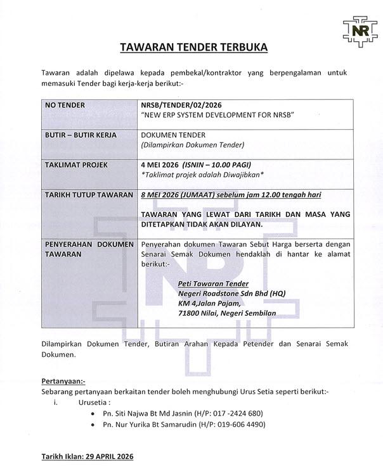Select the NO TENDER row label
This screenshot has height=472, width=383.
pos(66,104)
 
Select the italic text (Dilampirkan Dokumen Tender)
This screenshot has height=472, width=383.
pos(192,145)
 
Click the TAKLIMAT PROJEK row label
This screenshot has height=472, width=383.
pos(76,165)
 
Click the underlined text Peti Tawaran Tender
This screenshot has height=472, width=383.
pos(213,284)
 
